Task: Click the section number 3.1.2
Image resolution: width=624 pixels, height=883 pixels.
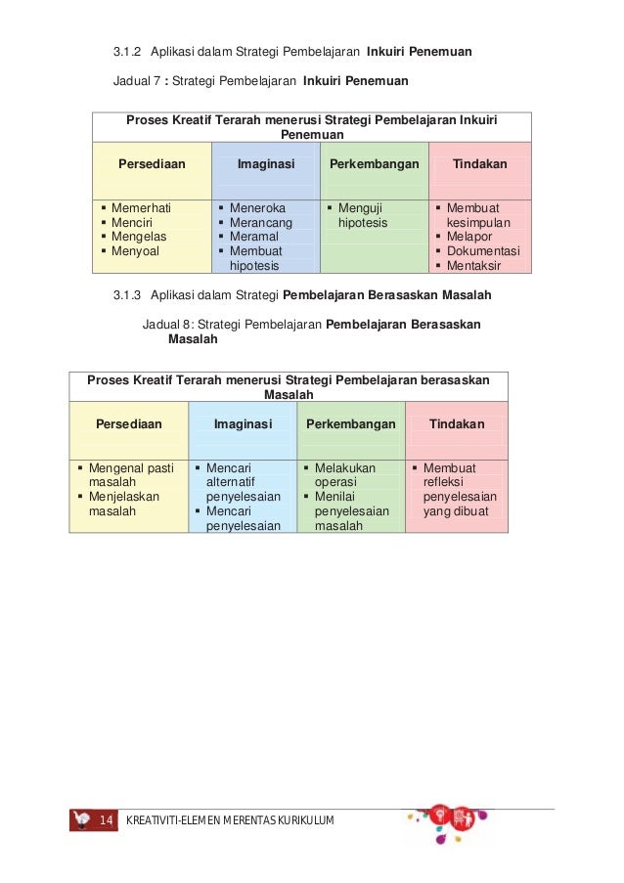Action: coord(127,52)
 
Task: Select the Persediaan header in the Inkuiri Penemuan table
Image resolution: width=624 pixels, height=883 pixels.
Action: coord(152,164)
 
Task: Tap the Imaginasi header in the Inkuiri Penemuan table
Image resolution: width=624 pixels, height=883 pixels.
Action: coord(266,164)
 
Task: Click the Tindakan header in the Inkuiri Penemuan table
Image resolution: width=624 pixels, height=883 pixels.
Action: coord(479,164)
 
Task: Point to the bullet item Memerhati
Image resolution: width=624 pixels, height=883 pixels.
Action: coord(141,208)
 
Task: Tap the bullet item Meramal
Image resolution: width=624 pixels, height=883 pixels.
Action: coord(253,237)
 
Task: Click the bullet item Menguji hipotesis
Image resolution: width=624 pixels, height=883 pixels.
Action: coord(362,215)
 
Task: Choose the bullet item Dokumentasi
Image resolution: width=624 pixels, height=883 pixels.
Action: coord(483,250)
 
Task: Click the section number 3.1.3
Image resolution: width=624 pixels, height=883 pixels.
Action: coord(127,294)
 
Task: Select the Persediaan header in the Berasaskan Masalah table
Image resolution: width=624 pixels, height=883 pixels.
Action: coord(128,424)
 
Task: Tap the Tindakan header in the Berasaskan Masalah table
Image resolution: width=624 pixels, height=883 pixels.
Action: coord(457,424)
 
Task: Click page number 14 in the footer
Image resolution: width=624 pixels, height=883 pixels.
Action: coord(106,819)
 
